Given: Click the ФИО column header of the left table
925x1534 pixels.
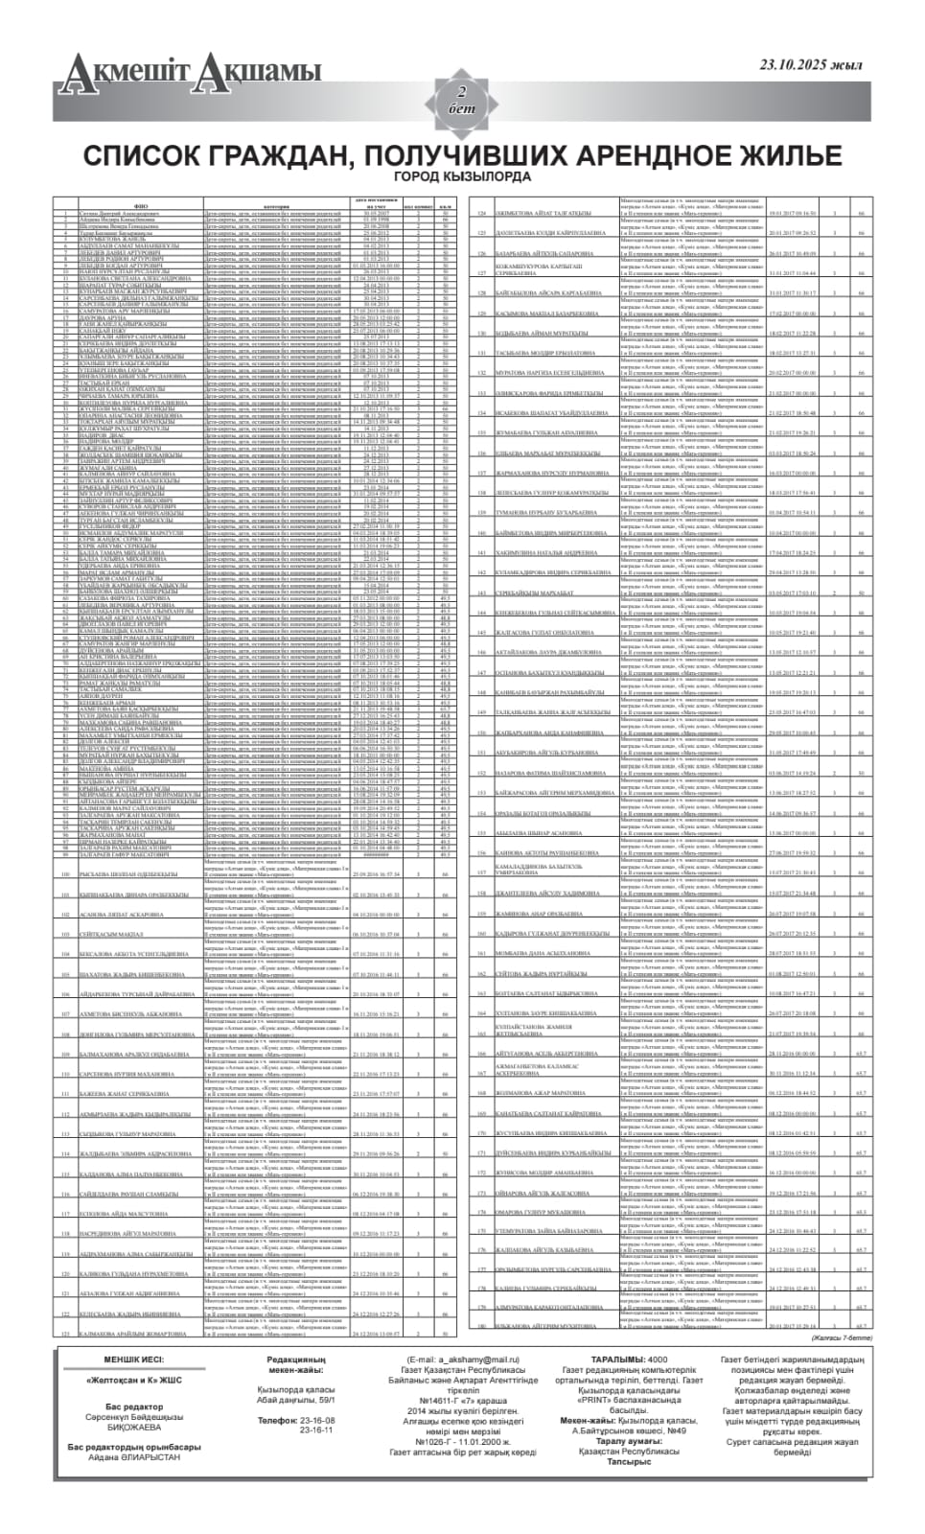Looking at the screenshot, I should [x=140, y=205].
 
